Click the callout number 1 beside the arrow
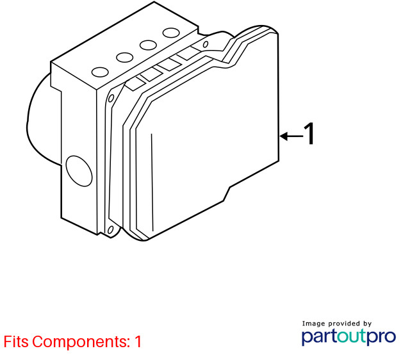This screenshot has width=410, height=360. [309, 133]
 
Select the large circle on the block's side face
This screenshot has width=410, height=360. [79, 171]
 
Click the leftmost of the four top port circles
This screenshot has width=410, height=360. [100, 72]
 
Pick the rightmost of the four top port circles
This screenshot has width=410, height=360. [171, 33]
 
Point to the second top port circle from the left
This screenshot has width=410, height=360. [125, 58]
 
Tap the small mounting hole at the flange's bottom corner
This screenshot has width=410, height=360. [111, 230]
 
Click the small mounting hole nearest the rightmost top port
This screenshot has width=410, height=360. [206, 44]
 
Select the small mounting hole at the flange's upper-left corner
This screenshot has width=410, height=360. [111, 99]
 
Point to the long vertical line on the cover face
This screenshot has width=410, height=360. [152, 183]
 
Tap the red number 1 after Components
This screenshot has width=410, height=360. [138, 341]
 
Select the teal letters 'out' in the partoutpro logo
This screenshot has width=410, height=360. [352, 336]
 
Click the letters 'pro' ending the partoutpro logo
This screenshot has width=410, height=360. [381, 338]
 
